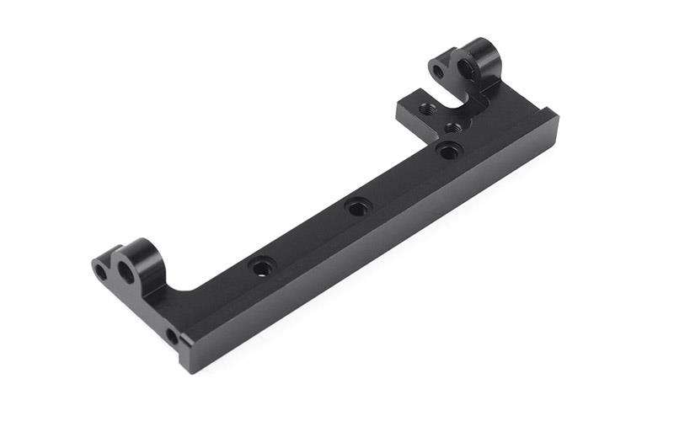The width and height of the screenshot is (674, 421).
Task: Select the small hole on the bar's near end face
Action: (x=172, y=337)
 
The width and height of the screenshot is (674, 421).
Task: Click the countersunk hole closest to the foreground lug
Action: (x=262, y=267)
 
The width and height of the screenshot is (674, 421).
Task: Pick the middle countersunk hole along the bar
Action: (x=358, y=205)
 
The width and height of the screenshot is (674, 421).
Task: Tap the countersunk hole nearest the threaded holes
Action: (x=449, y=151)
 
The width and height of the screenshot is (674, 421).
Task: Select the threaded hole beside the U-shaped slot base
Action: (x=454, y=127)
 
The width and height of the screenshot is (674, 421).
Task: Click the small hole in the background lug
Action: (x=438, y=72)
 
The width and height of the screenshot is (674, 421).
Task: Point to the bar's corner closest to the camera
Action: (x=183, y=371)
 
